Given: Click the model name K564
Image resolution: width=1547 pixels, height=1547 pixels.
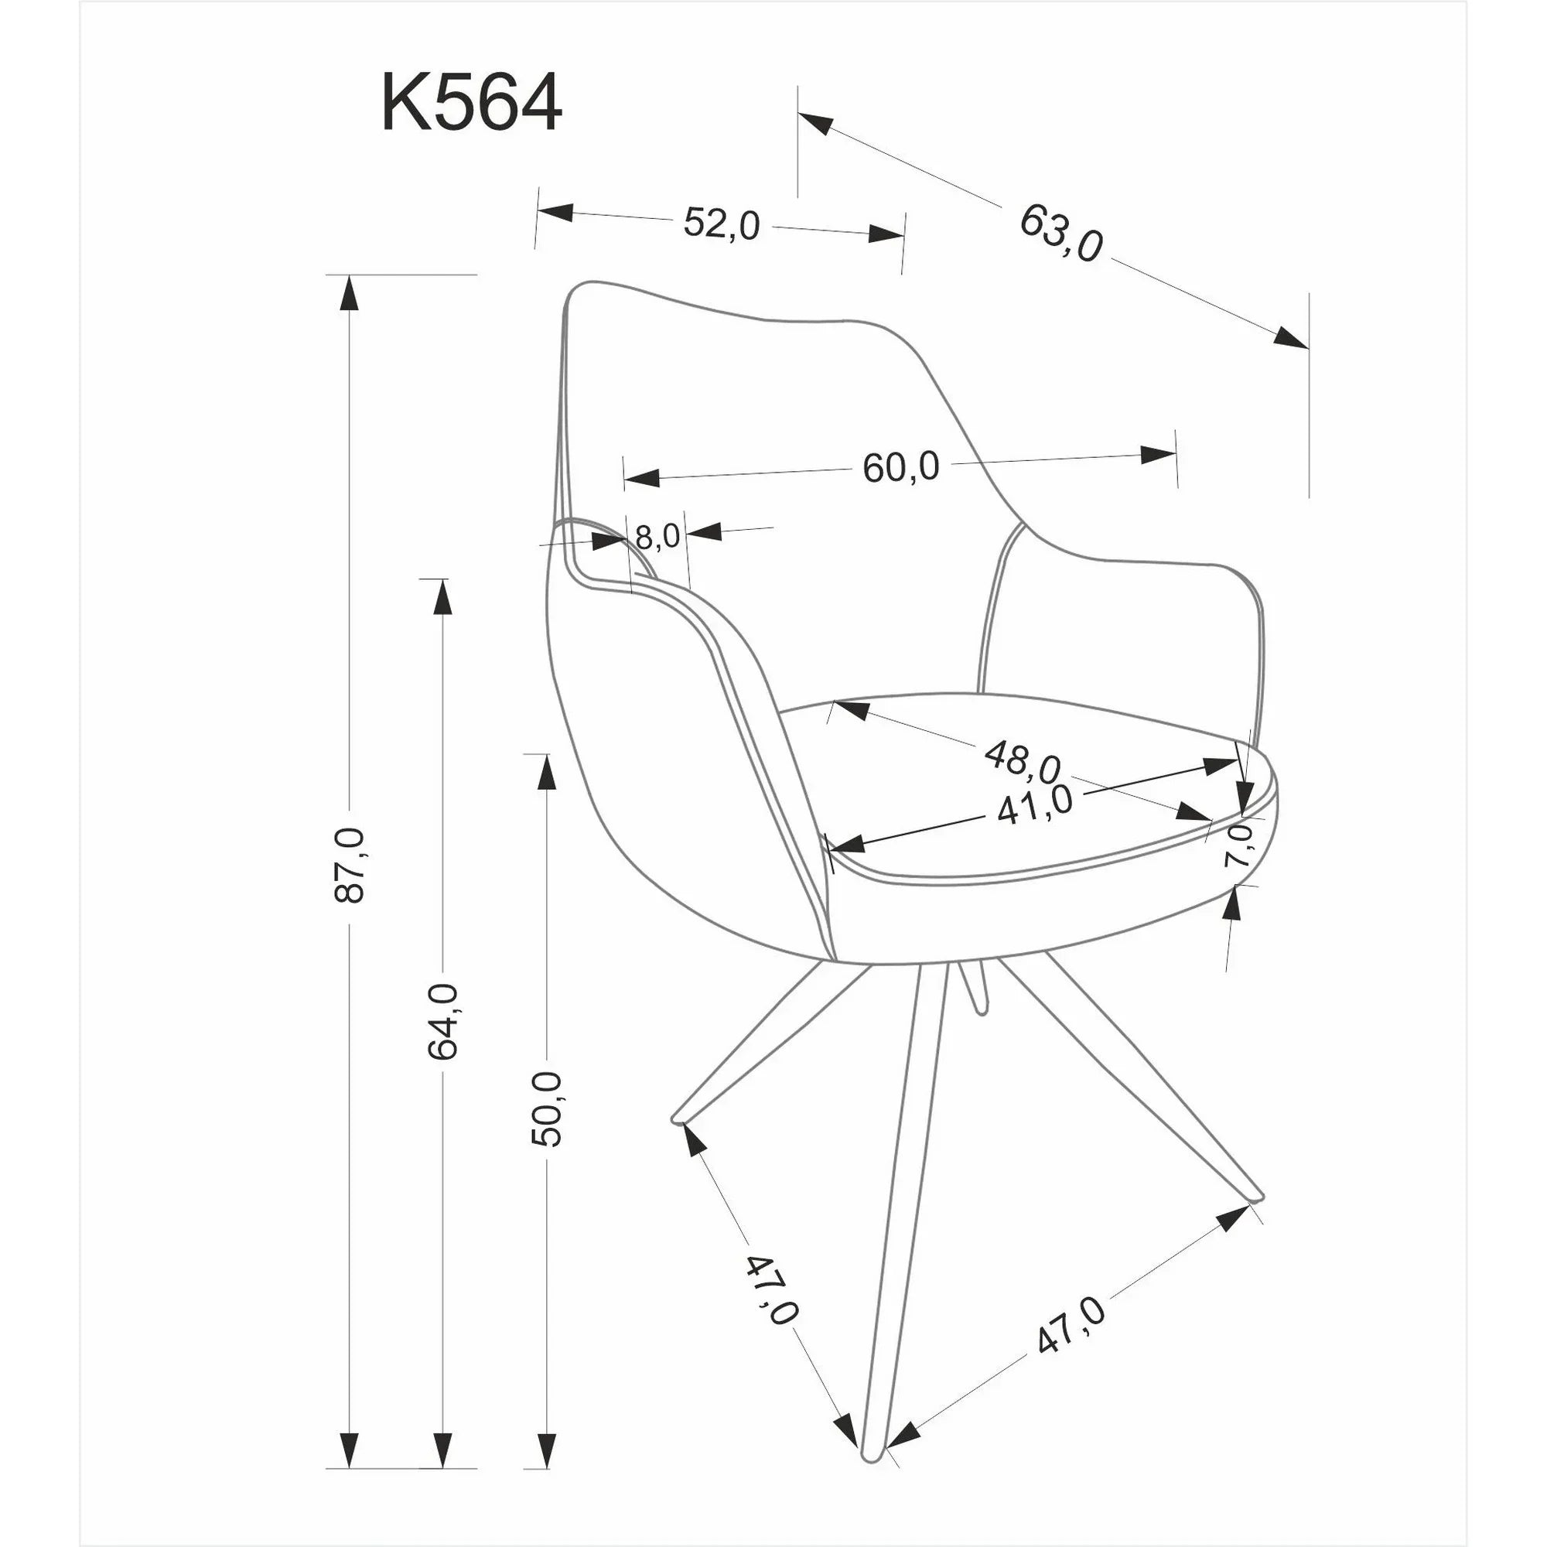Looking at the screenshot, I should (x=471, y=103).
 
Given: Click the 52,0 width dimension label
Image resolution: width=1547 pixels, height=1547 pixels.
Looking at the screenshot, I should (x=721, y=224).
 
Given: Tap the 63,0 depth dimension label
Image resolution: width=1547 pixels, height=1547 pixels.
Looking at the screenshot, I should (x=1061, y=233).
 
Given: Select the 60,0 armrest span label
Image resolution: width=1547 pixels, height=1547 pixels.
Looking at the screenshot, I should (x=901, y=467).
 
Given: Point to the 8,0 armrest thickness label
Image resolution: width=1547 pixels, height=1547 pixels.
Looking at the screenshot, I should (x=657, y=537).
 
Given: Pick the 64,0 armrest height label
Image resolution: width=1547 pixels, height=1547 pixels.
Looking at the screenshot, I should (x=442, y=1022).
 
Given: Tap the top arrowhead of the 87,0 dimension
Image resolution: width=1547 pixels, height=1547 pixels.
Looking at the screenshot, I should (x=347, y=293).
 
